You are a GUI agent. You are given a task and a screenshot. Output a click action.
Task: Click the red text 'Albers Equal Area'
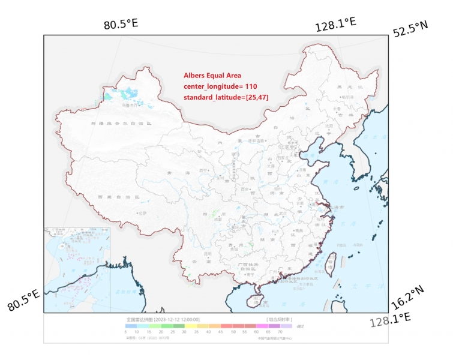tap(212, 76)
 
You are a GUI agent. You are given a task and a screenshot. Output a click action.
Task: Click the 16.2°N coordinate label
tap(407, 295)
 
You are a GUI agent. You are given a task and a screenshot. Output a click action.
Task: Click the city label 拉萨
tap(142, 212)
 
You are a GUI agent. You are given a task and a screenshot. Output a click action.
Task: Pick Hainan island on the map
tap(260, 298)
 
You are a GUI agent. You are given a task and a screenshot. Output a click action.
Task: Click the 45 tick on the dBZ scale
tap(221, 331)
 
